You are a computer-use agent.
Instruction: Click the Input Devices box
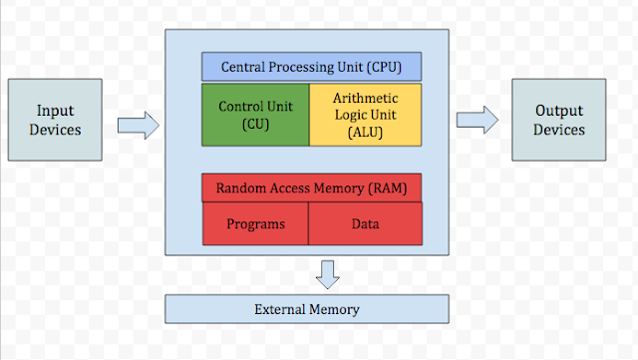(56, 121)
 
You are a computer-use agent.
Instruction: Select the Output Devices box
(558, 121)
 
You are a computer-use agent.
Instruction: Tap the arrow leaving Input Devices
(138, 125)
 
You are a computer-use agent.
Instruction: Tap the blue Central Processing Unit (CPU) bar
(311, 67)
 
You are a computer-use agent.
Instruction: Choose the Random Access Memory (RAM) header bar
(311, 187)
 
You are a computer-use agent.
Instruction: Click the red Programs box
(255, 223)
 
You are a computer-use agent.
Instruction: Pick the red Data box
(365, 223)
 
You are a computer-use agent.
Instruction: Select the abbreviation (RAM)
(383, 187)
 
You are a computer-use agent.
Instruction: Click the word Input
(56, 111)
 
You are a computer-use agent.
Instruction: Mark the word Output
(558, 111)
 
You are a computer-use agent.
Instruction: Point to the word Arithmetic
(365, 98)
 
